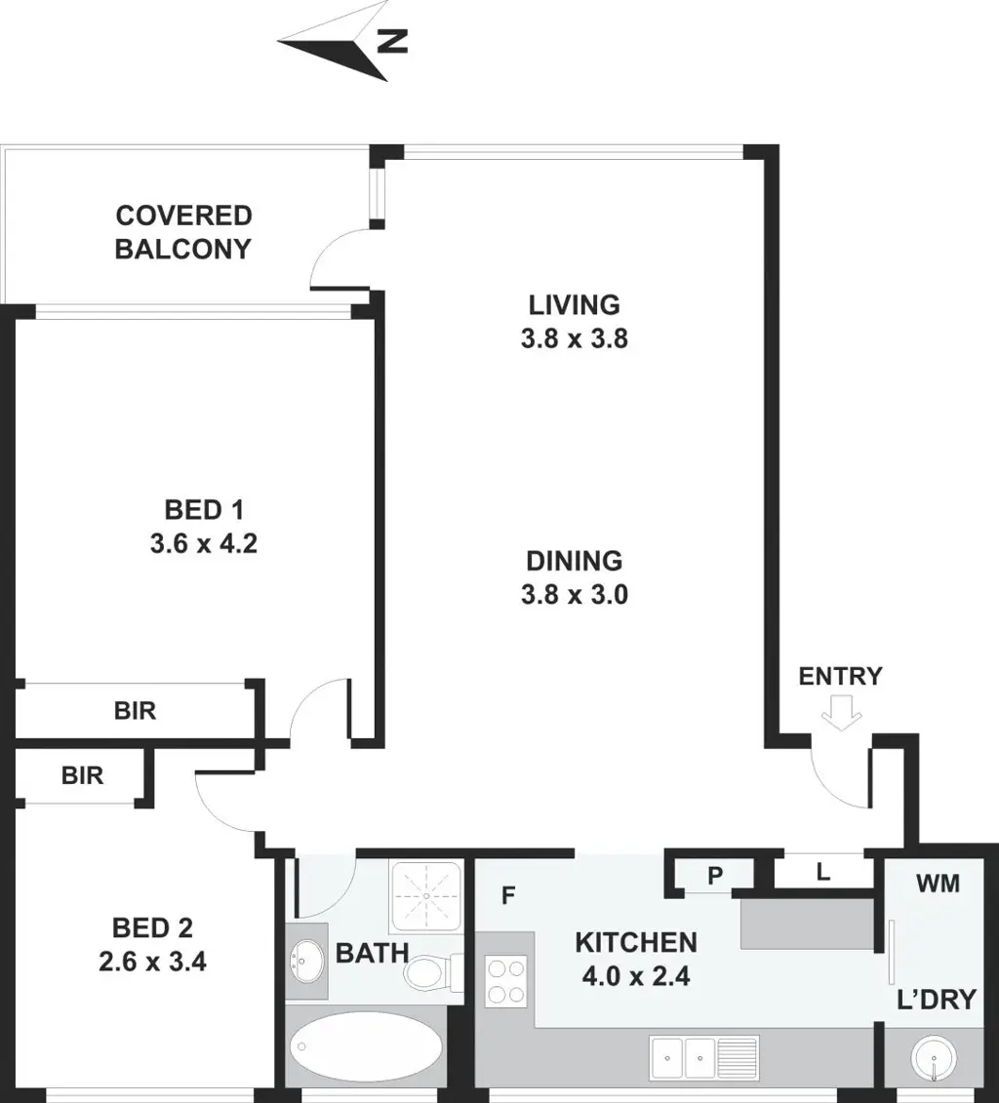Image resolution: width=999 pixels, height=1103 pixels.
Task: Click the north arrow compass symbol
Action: (x=342, y=44)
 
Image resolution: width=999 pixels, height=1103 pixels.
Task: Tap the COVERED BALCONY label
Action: (x=183, y=232)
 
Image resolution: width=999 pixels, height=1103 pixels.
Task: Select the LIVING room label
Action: (x=574, y=304)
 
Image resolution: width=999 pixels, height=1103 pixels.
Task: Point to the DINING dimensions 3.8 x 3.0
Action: (x=574, y=595)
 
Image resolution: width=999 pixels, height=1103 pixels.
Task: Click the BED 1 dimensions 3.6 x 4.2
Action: (x=203, y=544)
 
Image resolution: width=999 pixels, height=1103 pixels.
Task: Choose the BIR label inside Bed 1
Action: (x=135, y=711)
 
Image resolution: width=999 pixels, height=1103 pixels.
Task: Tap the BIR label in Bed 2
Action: (x=82, y=775)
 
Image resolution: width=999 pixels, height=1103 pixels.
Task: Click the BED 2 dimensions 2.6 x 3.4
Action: (x=152, y=962)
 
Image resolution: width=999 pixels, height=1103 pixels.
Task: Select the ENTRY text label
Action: (x=840, y=676)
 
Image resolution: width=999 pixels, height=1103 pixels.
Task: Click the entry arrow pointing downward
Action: (x=841, y=713)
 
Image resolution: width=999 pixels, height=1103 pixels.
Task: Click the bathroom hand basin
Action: (x=306, y=961)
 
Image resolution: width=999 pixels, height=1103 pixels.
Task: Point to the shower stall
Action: (x=426, y=896)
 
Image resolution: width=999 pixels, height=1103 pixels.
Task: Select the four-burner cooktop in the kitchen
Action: (x=505, y=980)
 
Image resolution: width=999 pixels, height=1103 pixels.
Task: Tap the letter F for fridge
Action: (x=508, y=895)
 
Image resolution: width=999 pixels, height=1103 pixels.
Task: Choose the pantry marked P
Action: (x=715, y=876)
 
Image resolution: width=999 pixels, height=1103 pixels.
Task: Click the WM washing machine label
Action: (x=938, y=883)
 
